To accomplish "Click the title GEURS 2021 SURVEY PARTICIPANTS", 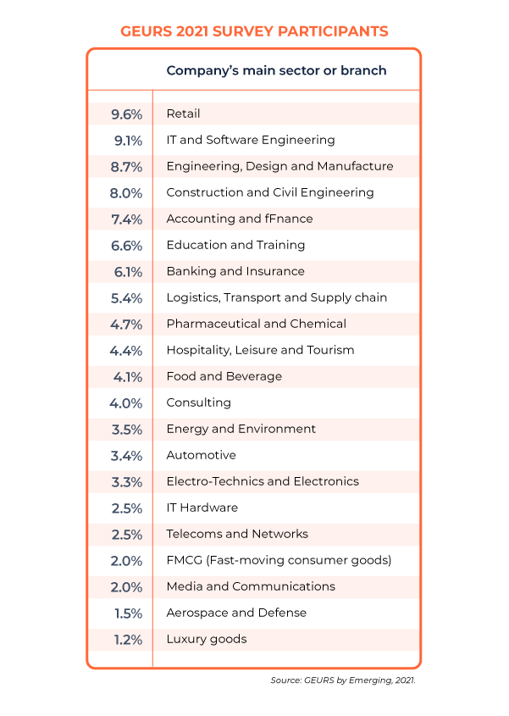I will (x=254, y=31).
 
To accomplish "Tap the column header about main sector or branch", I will (x=276, y=70).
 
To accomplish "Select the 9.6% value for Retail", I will (x=126, y=114).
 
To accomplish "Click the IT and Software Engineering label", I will (x=251, y=140).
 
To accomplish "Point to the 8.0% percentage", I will (x=126, y=193).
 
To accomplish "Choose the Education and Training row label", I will (x=235, y=245).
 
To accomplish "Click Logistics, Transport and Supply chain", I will (x=276, y=297).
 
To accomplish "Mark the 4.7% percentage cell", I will (x=126, y=325).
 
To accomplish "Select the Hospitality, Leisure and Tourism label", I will (x=260, y=350).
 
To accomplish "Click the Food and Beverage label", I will (x=224, y=376).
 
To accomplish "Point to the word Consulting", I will (x=198, y=402).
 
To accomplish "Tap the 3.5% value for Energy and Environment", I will (x=126, y=430).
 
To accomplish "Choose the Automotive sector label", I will (x=201, y=455).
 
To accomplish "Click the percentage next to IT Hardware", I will (x=126, y=508).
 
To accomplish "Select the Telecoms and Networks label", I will (x=237, y=534).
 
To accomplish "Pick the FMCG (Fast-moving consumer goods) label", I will (x=279, y=560).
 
